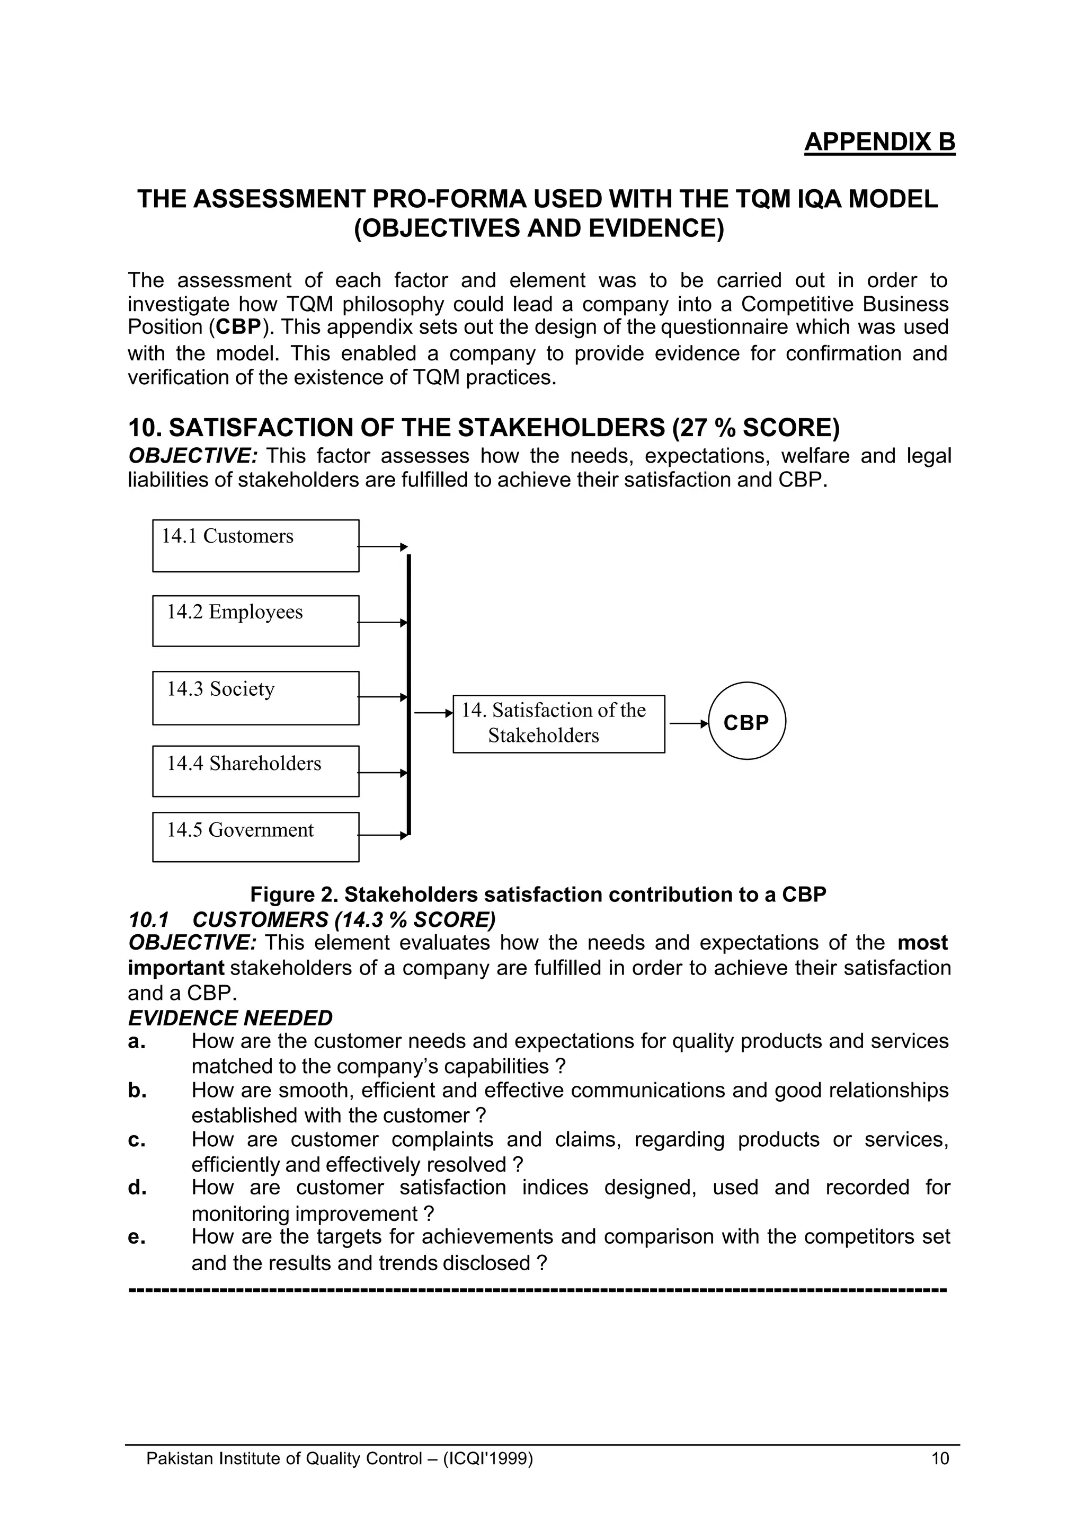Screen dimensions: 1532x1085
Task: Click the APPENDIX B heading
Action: (879, 143)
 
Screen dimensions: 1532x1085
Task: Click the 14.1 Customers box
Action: (255, 546)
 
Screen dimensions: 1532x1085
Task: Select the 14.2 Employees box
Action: (255, 621)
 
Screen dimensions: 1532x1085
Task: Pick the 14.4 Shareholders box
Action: (255, 771)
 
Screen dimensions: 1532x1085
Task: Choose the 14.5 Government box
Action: (255, 837)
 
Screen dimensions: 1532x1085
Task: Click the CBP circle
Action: (746, 721)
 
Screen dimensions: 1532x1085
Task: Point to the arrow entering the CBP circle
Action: (688, 723)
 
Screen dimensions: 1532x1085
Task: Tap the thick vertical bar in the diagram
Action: (409, 695)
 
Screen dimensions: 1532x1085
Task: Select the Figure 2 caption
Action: (538, 894)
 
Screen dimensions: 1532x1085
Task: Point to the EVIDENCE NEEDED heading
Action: (230, 1017)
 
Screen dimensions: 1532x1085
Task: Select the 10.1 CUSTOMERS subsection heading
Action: (312, 919)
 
